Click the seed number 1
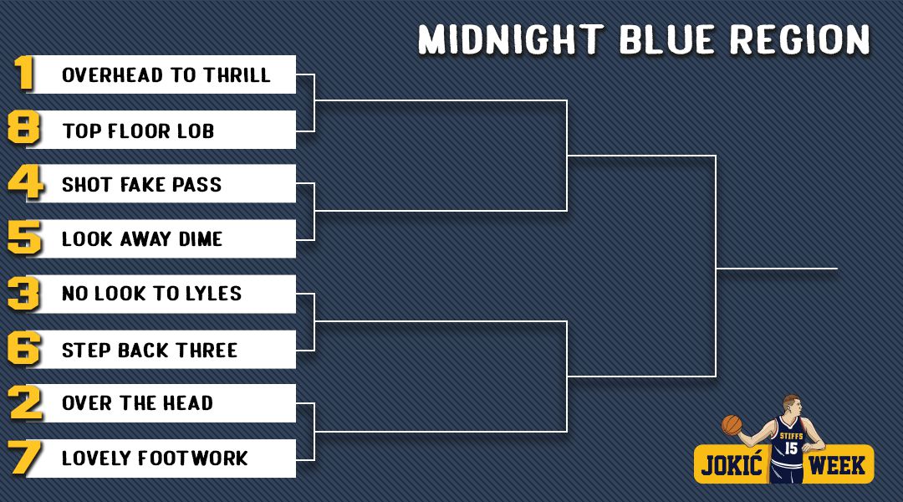[24, 73]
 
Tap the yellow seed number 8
[24, 127]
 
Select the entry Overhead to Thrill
[166, 75]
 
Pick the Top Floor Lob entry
[138, 131]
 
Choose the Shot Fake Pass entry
[141, 184]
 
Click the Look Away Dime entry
[141, 238]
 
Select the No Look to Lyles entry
[151, 294]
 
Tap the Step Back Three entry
[149, 350]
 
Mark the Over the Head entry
[137, 403]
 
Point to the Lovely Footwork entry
[155, 458]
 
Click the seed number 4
[26, 182]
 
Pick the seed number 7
[25, 458]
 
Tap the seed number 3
[24, 294]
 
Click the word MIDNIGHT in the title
[511, 40]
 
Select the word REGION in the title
[800, 40]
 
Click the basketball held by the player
[732, 425]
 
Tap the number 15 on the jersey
[791, 448]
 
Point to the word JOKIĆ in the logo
[732, 464]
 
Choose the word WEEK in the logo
[837, 465]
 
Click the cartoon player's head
[792, 407]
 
